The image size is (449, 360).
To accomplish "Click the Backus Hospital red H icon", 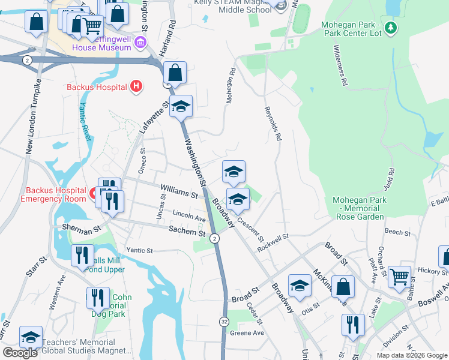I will [x=136, y=87].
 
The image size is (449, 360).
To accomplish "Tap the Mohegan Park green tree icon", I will [x=391, y=27].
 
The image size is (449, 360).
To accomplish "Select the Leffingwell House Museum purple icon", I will [x=140, y=42].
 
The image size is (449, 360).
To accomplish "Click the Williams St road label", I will [x=179, y=194].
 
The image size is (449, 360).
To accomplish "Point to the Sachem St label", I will [x=187, y=231].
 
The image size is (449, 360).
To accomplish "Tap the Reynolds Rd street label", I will [x=272, y=124].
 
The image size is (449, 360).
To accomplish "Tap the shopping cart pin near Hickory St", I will [x=399, y=277].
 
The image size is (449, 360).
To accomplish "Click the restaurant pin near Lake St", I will [x=353, y=325].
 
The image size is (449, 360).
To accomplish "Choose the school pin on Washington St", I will [x=181, y=107].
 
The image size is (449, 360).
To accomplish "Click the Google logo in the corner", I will [x=20, y=353].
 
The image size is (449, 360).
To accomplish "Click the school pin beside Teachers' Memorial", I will [x=31, y=337].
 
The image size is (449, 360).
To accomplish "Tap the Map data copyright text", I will [x=412, y=355].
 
